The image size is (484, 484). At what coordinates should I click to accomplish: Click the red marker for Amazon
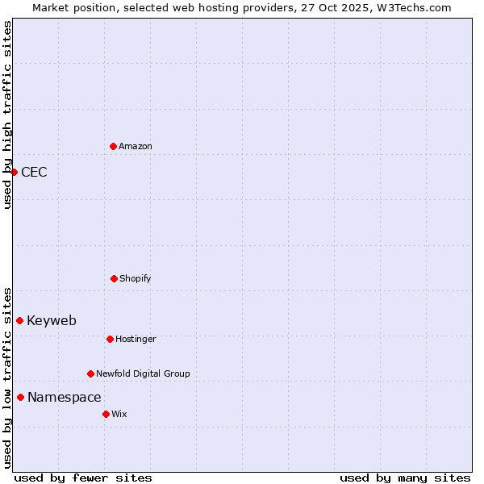[x=113, y=146]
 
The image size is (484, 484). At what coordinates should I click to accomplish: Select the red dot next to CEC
[x=14, y=172]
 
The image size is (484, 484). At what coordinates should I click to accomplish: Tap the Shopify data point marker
[x=114, y=278]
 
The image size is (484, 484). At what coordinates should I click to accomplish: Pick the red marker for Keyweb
[x=19, y=320]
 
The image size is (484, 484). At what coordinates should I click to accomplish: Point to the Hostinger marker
[x=110, y=339]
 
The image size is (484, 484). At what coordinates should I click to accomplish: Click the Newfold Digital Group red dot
[x=90, y=373]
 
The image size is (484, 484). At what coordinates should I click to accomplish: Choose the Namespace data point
[x=20, y=397]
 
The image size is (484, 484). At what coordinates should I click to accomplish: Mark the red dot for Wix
[x=106, y=414]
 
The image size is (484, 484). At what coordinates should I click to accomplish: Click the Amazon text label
[x=136, y=146]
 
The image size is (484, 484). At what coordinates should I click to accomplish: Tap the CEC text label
[x=34, y=172]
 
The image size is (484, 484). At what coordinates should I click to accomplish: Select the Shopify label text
[x=136, y=278]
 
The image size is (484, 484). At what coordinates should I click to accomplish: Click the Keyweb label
[x=52, y=320]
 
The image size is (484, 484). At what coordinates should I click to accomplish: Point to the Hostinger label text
[x=136, y=339]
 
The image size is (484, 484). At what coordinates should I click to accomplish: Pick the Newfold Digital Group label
[x=143, y=373]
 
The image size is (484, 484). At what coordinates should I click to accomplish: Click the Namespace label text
[x=65, y=397]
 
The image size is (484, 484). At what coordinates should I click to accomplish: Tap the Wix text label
[x=119, y=414]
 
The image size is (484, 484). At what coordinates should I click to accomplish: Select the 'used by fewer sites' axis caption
[x=83, y=478]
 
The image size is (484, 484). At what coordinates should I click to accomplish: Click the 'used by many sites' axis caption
[x=405, y=478]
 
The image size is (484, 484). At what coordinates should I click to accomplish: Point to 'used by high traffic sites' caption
[x=7, y=115]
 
